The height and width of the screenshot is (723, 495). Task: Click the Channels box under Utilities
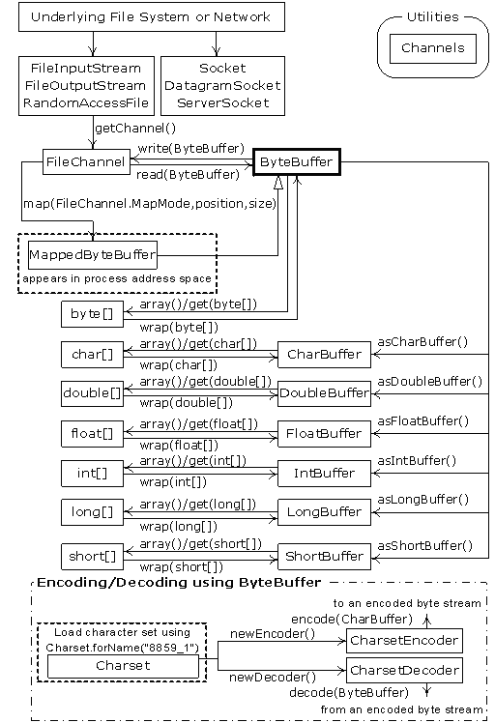pyautogui.click(x=432, y=47)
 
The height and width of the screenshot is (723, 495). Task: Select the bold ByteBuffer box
pyautogui.click(x=295, y=162)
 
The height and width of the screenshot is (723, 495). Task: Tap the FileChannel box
pyautogui.click(x=86, y=162)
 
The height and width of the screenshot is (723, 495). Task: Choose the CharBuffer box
pyautogui.click(x=323, y=355)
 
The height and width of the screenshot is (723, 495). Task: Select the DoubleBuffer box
pyautogui.click(x=323, y=393)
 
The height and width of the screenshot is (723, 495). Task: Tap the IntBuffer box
pyautogui.click(x=323, y=474)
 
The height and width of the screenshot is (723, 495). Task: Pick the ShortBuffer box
pyautogui.click(x=323, y=556)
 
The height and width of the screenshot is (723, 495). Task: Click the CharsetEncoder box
pyautogui.click(x=404, y=640)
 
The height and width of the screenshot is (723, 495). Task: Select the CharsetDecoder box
pyautogui.click(x=404, y=669)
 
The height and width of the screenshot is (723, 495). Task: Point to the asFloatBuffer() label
pyautogui.click(x=422, y=421)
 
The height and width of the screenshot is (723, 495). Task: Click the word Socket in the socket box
pyautogui.click(x=222, y=69)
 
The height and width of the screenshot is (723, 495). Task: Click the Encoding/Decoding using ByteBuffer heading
pyautogui.click(x=179, y=583)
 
